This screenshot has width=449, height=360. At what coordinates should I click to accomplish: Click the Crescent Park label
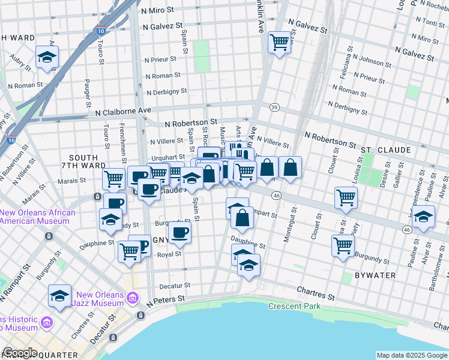click(x=294, y=306)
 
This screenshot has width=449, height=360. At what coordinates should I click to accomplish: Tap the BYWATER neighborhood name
click(x=375, y=275)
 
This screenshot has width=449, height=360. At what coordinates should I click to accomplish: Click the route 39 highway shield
click(x=274, y=107)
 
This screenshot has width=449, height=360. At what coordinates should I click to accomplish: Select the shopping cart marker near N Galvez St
click(x=279, y=43)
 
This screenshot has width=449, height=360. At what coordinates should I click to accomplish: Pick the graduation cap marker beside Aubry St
click(x=47, y=58)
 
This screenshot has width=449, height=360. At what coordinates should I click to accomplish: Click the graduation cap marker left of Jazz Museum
click(x=60, y=296)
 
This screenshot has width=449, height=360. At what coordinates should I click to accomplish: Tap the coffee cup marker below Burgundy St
click(x=179, y=232)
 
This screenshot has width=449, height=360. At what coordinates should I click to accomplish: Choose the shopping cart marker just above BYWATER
click(x=343, y=245)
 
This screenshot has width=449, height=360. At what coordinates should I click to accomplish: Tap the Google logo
click(x=20, y=353)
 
